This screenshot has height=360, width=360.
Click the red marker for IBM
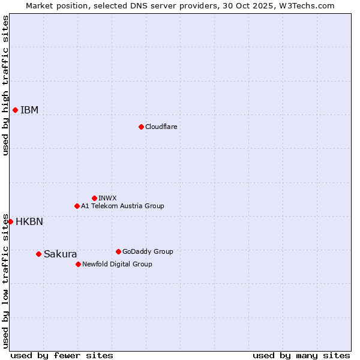(x=15, y=110)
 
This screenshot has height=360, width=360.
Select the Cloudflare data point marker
(x=141, y=127)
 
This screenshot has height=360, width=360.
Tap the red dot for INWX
(x=94, y=198)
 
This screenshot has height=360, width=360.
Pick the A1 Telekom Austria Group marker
(x=77, y=206)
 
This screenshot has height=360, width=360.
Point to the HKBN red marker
(x=10, y=221)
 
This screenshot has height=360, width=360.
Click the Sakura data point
(x=38, y=254)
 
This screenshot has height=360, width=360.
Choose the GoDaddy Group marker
(x=118, y=251)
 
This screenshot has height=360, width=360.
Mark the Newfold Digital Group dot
(x=78, y=264)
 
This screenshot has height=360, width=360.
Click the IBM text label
(x=29, y=110)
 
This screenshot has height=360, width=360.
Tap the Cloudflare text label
(x=161, y=127)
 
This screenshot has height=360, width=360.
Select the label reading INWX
(x=107, y=198)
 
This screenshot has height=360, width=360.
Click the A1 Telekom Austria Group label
(x=122, y=206)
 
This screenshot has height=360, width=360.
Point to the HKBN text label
(x=29, y=221)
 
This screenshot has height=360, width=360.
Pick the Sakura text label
(x=61, y=254)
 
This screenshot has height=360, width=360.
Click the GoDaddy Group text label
(x=148, y=251)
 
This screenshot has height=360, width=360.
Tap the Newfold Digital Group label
(x=117, y=264)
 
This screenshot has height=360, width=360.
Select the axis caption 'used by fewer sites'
(x=62, y=355)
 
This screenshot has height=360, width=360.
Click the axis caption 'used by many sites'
(x=301, y=355)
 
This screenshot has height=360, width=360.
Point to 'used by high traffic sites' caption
(x=5, y=85)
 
